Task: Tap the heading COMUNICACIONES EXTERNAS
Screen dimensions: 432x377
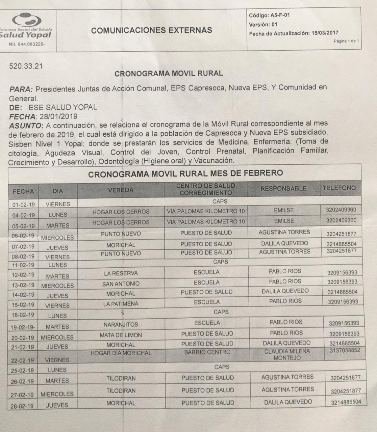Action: point(152,30)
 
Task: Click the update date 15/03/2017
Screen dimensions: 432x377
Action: point(325,33)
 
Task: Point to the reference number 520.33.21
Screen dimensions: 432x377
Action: point(26,66)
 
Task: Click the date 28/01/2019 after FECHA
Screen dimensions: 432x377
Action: point(58,116)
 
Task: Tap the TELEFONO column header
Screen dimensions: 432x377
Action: point(339,188)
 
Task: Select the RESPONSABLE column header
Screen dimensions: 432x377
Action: point(283,188)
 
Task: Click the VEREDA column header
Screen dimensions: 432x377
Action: point(121,190)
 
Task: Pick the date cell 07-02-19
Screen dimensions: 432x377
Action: point(24,247)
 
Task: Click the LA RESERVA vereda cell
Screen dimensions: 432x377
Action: point(121,273)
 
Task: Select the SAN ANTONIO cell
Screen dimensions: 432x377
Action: point(121,284)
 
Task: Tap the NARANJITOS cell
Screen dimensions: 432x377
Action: point(121,325)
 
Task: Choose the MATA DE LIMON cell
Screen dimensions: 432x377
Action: point(121,335)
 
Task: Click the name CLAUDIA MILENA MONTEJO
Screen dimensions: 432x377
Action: point(287,354)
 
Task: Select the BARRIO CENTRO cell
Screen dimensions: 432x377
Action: point(207,352)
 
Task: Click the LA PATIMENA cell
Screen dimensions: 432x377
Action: point(121,304)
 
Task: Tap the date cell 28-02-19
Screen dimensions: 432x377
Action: point(22,406)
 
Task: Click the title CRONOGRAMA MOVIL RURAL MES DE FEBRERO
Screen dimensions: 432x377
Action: point(185,174)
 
